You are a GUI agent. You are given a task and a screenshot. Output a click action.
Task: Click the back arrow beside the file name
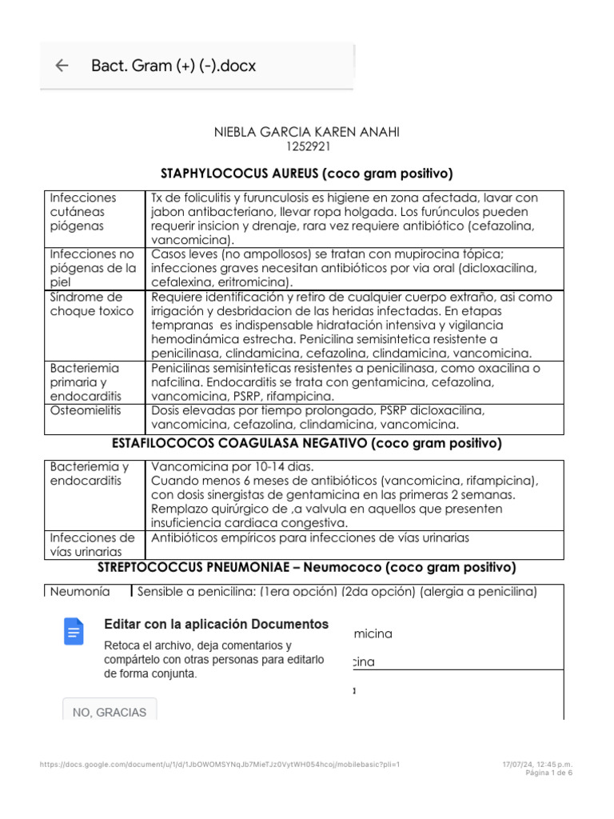(x=62, y=66)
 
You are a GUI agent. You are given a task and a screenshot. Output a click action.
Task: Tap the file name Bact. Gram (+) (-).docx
(x=173, y=66)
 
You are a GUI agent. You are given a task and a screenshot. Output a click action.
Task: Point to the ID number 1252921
(x=307, y=147)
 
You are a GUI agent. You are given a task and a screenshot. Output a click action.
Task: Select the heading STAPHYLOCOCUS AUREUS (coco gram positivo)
(x=307, y=173)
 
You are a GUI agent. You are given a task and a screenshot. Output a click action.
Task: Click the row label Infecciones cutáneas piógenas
(x=84, y=211)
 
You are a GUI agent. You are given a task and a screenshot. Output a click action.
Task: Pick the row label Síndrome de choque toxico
(x=92, y=304)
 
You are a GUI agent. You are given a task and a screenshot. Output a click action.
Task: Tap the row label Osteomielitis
(x=85, y=409)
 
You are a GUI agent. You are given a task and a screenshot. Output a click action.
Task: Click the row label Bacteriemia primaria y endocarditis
(x=85, y=382)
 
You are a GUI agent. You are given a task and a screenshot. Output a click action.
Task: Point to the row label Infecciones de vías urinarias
(x=92, y=544)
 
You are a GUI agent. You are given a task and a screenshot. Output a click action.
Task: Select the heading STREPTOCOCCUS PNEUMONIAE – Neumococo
(x=307, y=567)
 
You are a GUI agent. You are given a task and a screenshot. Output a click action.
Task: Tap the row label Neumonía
(x=80, y=592)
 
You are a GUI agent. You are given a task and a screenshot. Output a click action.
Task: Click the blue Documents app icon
(x=74, y=633)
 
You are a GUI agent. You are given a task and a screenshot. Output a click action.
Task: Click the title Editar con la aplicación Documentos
(x=216, y=624)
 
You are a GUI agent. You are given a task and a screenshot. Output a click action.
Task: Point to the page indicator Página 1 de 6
(x=548, y=773)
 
